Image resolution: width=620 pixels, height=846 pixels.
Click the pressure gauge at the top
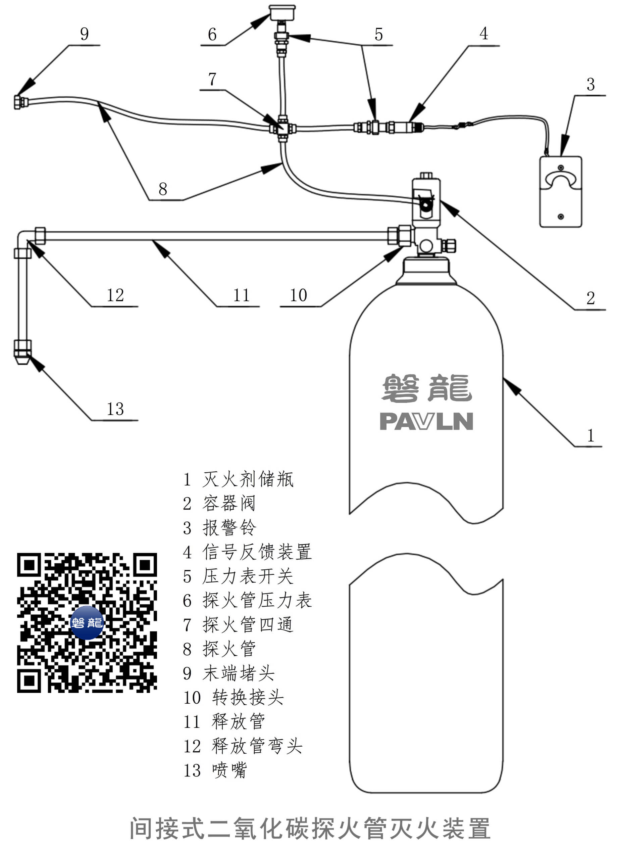point(282,12)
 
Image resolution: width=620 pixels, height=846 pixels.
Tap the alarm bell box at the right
point(560,191)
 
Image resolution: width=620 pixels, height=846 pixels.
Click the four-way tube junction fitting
point(282,129)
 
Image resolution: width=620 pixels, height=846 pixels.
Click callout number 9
point(85,34)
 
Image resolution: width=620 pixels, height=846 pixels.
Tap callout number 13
point(115,409)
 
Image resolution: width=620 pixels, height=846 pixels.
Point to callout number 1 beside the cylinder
point(590,435)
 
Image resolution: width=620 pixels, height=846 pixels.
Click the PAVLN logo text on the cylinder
point(426,421)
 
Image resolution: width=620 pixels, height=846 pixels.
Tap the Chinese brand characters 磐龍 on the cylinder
point(426,388)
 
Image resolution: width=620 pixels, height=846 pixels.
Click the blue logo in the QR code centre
point(87,622)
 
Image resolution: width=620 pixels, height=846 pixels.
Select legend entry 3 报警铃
point(219,528)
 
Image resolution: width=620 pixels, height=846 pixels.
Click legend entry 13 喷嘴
point(215,770)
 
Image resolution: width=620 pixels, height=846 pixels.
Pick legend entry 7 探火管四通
point(238,625)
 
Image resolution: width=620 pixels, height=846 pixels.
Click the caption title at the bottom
point(310,828)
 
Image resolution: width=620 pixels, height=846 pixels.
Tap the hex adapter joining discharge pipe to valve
point(400,235)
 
